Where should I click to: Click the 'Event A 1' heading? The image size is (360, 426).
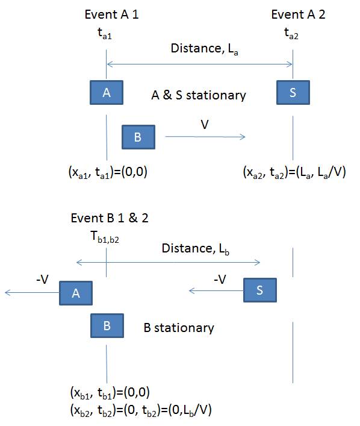pos(111,14)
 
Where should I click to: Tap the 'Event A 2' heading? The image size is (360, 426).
pos(298,14)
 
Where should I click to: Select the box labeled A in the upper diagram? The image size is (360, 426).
pos(107,92)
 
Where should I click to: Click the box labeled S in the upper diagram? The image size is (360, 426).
pos(293,92)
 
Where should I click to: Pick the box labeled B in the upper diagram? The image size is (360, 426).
pos(138,137)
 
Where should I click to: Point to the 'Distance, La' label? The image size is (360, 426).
pos(205,49)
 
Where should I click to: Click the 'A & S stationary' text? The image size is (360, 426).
pos(199,95)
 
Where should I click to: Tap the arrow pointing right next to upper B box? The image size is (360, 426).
pos(205,137)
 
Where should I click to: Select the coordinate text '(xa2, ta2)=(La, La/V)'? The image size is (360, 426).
pos(294,172)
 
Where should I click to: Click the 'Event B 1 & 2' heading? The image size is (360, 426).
pos(110,218)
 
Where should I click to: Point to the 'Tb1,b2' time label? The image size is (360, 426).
pos(105,237)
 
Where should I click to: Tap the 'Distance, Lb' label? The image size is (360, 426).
pos(196,249)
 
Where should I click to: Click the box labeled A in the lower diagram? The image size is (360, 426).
pos(76,293)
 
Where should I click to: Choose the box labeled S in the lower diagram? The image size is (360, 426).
pos(260,290)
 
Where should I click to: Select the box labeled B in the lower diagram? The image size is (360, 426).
pos(107,326)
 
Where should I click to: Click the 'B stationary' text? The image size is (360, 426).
pos(179,328)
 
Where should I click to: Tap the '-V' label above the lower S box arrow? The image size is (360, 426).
pos(220,280)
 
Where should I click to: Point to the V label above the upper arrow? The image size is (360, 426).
pos(205,125)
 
